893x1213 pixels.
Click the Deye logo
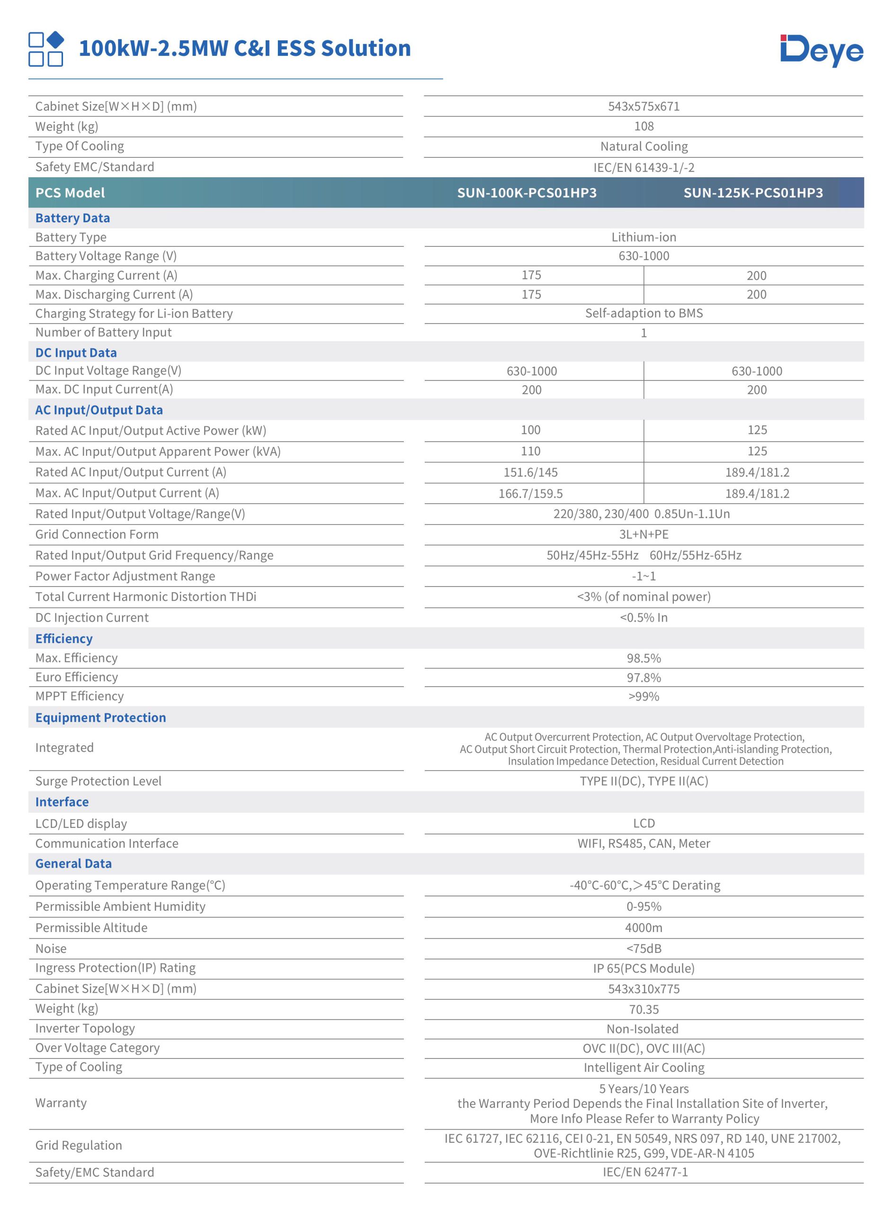pos(821,51)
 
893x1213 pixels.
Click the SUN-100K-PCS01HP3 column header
pos(527,193)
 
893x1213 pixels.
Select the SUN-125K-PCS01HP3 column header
pos(753,193)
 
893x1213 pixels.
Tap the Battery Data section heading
pos(72,218)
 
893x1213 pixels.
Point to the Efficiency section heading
pos(64,639)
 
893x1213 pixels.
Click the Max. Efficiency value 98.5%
pos(644,658)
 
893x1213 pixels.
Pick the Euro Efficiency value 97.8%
pos(644,678)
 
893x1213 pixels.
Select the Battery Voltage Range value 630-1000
pos(644,256)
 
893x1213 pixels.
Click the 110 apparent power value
pos(531,451)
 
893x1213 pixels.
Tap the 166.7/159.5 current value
pos(531,493)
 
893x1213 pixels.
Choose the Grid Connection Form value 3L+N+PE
pos(644,534)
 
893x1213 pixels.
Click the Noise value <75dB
pos(644,949)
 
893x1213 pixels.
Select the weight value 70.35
pos(644,1009)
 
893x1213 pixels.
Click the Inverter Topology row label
pos(85,1029)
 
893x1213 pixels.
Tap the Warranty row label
pos(61,1103)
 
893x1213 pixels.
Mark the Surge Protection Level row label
pos(98,781)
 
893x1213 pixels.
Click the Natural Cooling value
pos(644,146)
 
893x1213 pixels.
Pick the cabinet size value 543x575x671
pos(644,107)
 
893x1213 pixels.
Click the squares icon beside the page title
pos(46,49)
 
